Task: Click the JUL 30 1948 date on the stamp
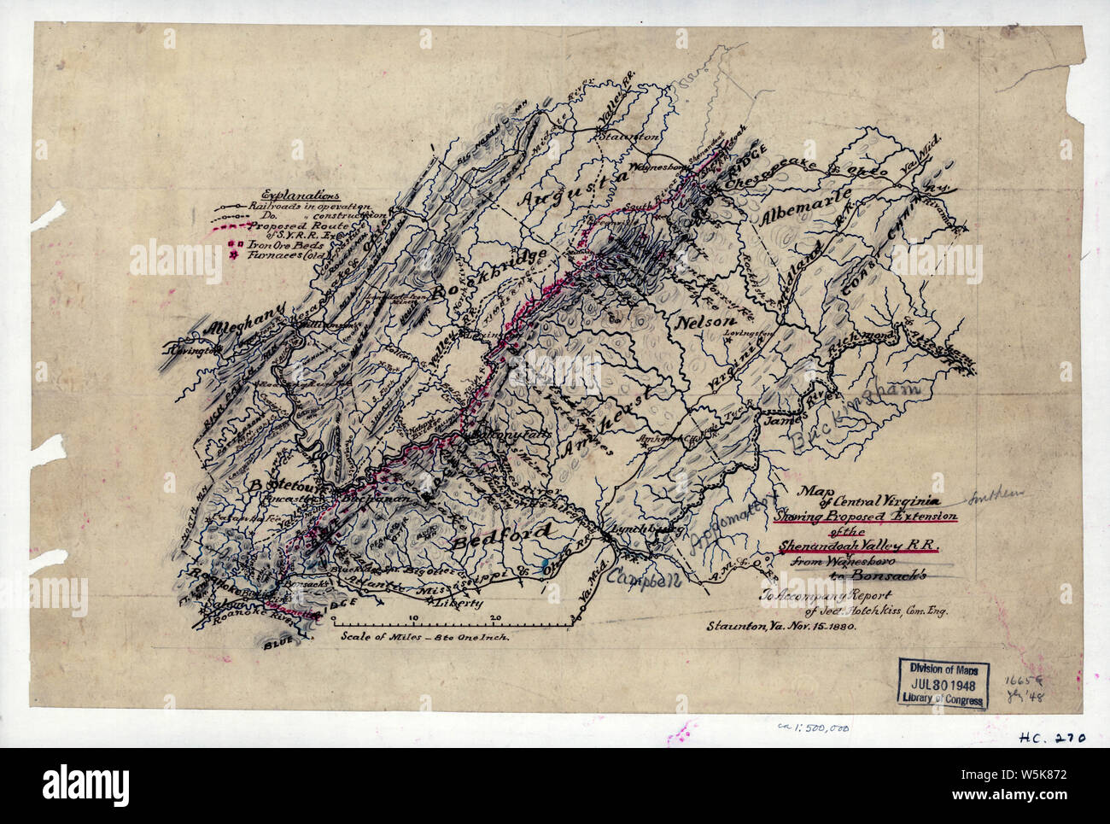943,684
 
